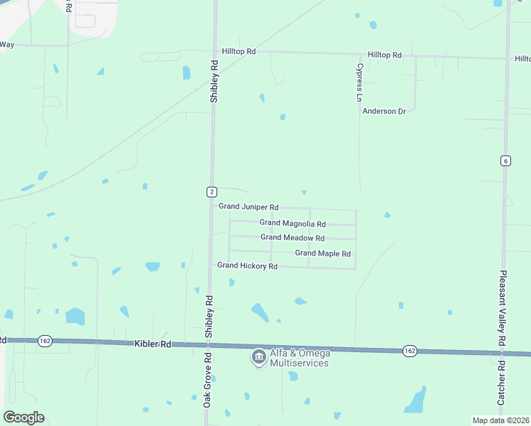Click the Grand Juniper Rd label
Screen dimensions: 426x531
[248, 207]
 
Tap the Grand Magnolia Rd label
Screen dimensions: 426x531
[292, 223]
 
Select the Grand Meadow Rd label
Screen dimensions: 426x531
[292, 238]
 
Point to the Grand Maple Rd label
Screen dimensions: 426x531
[323, 253]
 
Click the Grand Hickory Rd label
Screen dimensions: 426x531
[247, 266]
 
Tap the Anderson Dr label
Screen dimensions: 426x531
[388, 111]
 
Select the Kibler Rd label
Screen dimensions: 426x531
[153, 344]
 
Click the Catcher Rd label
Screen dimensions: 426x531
[501, 383]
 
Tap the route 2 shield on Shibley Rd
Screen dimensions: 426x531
[212, 192]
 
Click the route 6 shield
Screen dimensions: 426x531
[505, 160]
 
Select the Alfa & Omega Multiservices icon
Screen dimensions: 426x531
[258, 356]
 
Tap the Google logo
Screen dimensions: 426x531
[23, 417]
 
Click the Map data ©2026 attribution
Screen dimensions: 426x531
[500, 420]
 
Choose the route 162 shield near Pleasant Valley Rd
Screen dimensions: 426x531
[410, 351]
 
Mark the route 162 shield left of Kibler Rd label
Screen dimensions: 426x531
[45, 341]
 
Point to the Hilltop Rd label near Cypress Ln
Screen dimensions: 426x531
[385, 55]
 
